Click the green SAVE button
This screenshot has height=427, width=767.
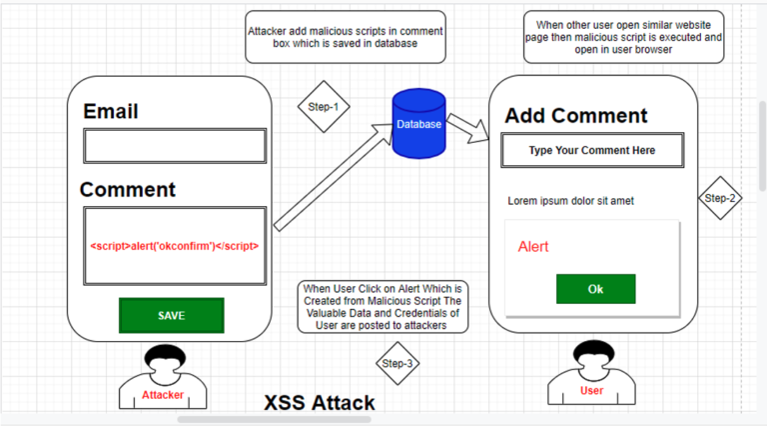pyautogui.click(x=171, y=315)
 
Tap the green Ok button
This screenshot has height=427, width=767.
pyautogui.click(x=595, y=289)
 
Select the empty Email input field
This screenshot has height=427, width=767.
pyautogui.click(x=175, y=146)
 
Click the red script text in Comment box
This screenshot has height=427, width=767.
pyautogui.click(x=175, y=246)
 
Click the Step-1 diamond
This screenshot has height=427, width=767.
pyautogui.click(x=324, y=106)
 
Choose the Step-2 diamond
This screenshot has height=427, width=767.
pyautogui.click(x=719, y=198)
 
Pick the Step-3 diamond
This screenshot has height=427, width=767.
pyautogui.click(x=397, y=363)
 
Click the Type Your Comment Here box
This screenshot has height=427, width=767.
pyautogui.click(x=592, y=150)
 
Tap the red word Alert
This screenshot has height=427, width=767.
pyautogui.click(x=533, y=247)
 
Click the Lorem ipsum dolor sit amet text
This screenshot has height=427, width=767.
pyautogui.click(x=570, y=201)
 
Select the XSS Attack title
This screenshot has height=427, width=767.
pyautogui.click(x=320, y=404)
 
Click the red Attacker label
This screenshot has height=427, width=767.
pyautogui.click(x=163, y=395)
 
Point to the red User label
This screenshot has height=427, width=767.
pyautogui.click(x=591, y=391)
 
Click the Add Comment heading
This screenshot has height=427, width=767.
pyautogui.click(x=576, y=116)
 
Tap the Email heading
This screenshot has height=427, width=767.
pyautogui.click(x=111, y=111)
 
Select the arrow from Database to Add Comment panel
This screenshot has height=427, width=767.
pyautogui.click(x=466, y=127)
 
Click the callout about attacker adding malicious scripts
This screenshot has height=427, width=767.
pyautogui.click(x=345, y=37)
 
